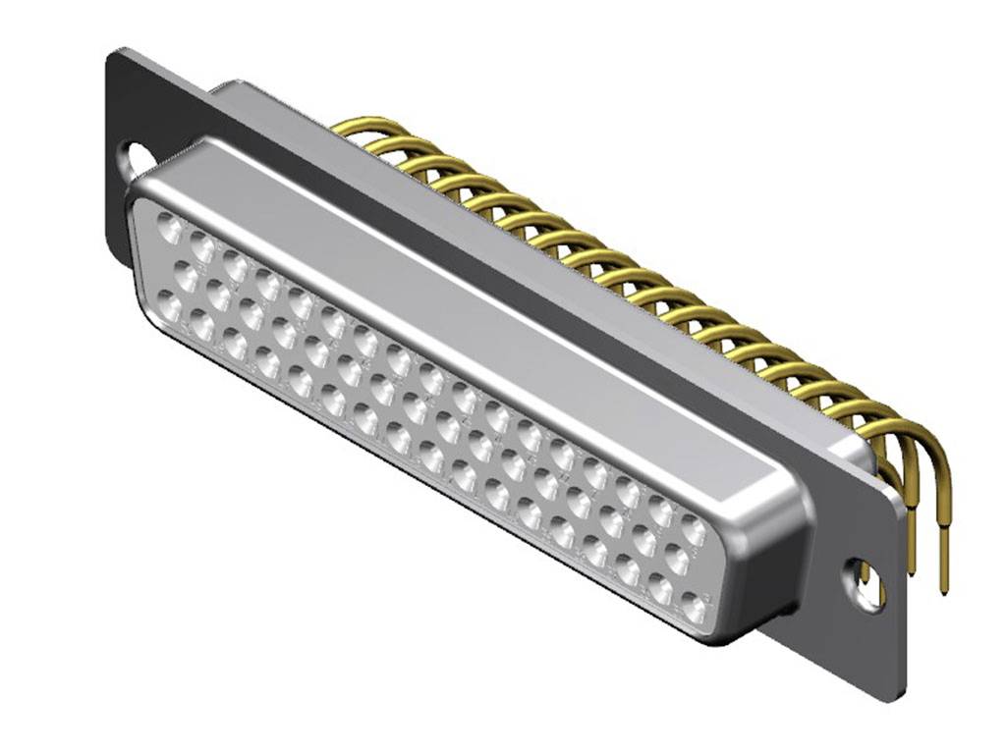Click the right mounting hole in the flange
866,583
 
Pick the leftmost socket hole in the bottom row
170,307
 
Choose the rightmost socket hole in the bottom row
694,608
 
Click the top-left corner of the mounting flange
113,51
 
